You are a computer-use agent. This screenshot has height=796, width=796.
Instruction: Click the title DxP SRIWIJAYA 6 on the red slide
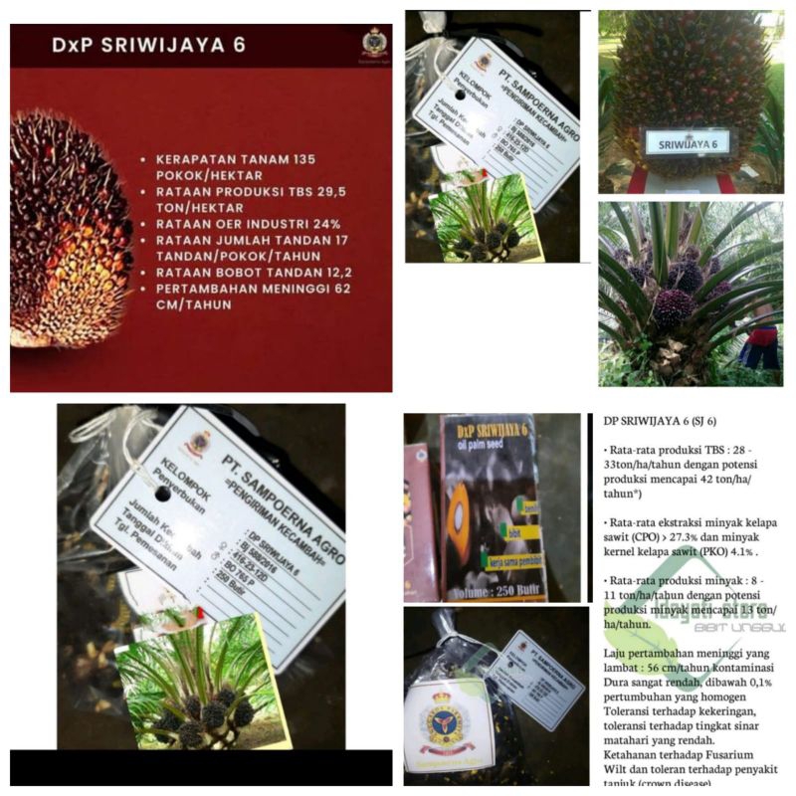click(148, 46)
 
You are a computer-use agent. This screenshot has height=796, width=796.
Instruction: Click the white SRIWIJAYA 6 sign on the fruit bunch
click(688, 143)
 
